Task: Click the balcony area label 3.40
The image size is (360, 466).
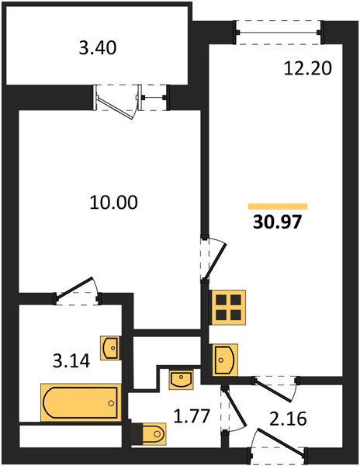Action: [97, 47]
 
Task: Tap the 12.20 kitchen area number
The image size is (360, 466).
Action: [307, 68]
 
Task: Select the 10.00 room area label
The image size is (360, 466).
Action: [114, 202]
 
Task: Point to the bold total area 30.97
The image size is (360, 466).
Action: [278, 222]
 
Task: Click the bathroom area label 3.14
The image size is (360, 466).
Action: [71, 361]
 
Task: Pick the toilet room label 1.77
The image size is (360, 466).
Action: [192, 416]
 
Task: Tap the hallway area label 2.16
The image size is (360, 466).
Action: [288, 419]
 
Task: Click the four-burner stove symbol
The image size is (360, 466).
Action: [228, 307]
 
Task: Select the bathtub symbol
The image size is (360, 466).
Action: [81, 402]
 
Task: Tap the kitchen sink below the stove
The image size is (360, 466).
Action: [225, 360]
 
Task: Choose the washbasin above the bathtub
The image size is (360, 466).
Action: [110, 348]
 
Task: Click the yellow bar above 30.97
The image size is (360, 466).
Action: [278, 207]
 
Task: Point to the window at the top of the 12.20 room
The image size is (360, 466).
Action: [279, 32]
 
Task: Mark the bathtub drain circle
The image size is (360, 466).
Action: [111, 403]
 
